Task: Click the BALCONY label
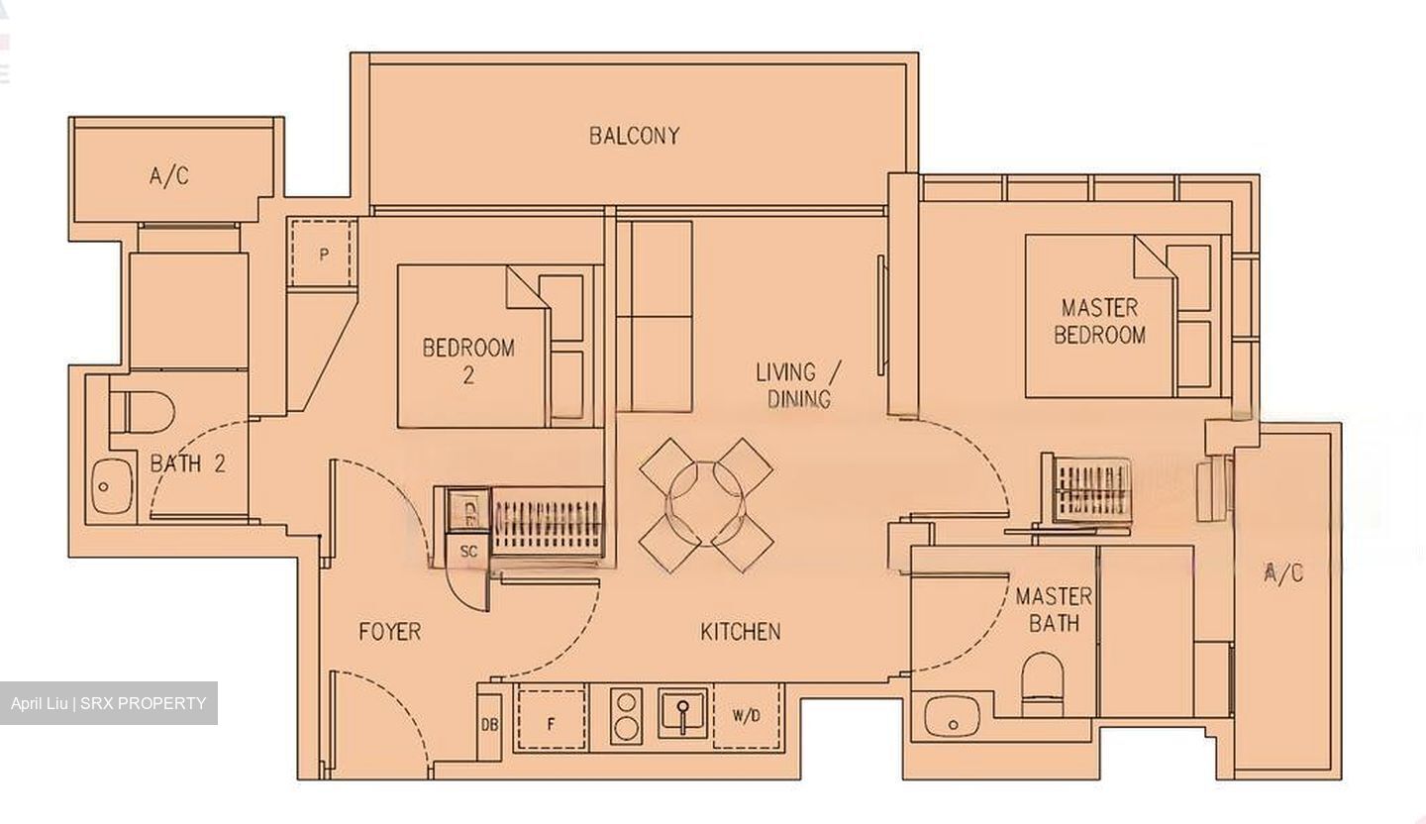pyautogui.click(x=635, y=136)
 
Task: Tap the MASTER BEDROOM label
pyautogui.click(x=1099, y=321)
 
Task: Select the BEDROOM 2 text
pyautogui.click(x=468, y=360)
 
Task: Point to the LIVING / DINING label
pyautogui.click(x=797, y=385)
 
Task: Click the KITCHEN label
pyautogui.click(x=741, y=631)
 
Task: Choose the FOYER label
pyautogui.click(x=389, y=631)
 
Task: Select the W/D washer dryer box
pyautogui.click(x=747, y=716)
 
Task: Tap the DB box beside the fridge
pyautogui.click(x=489, y=724)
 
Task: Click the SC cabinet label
pyautogui.click(x=468, y=551)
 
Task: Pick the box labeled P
pyautogui.click(x=323, y=255)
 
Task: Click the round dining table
pyautogui.click(x=704, y=504)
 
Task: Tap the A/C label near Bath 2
pyautogui.click(x=169, y=176)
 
